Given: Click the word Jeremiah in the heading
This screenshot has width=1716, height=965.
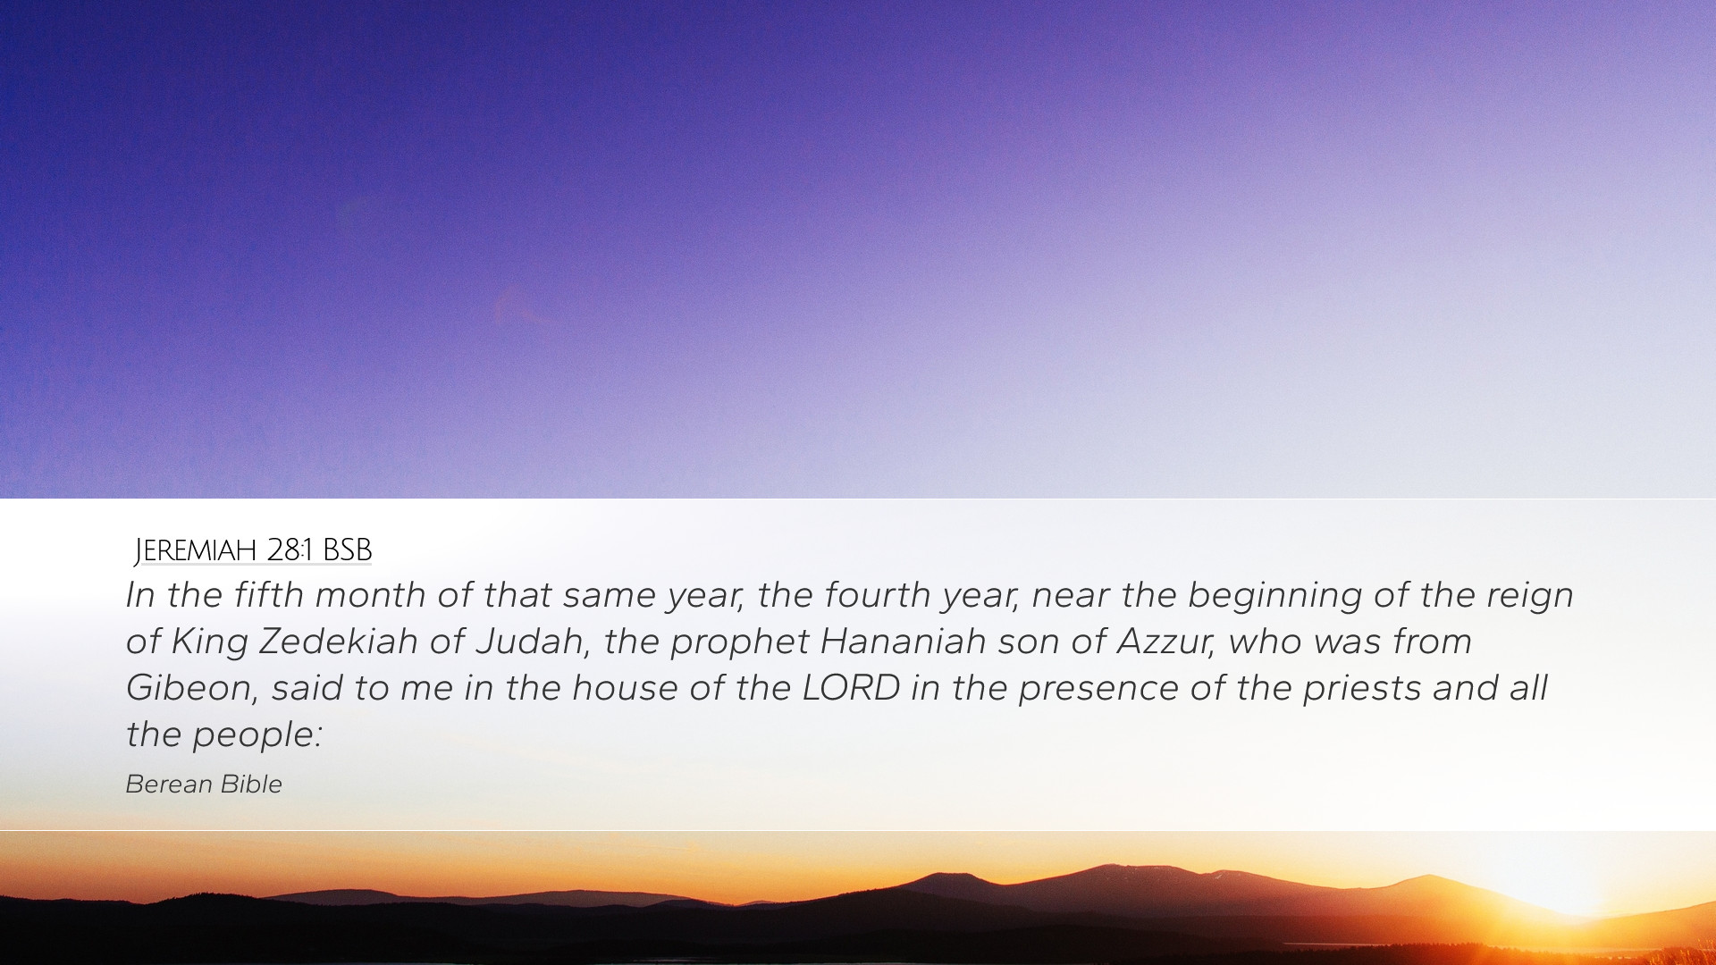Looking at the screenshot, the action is tap(196, 550).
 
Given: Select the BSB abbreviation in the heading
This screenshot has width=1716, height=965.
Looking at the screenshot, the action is tap(347, 550).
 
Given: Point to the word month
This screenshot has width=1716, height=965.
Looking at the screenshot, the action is tap(370, 595).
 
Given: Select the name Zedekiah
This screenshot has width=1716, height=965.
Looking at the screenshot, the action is tap(338, 642).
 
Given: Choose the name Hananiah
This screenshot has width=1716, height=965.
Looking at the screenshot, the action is tap(903, 642).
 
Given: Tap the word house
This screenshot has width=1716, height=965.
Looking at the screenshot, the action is tap(620, 688).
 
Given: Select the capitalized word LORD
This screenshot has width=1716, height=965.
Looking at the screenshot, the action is tap(851, 688).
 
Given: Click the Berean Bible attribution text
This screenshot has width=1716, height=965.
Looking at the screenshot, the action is tap(204, 784).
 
